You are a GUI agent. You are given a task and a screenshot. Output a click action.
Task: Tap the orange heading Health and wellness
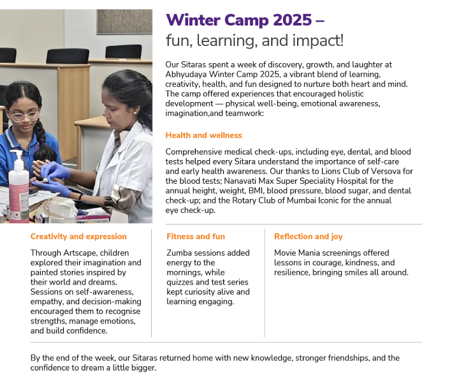click(x=203, y=135)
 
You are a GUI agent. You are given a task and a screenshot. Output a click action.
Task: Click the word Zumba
click(x=180, y=253)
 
